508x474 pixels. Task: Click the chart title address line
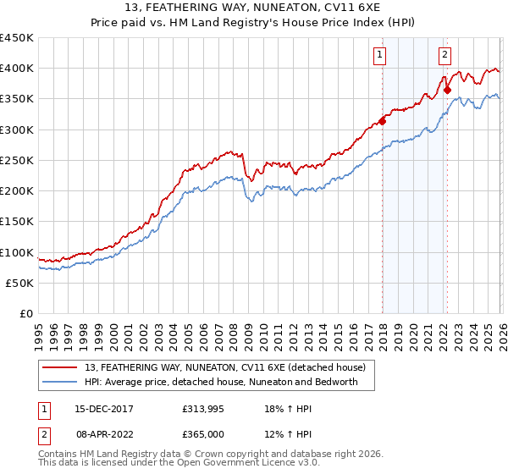click(253, 8)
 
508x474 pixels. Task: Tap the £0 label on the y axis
click(26, 314)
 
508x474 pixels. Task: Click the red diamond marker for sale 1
click(382, 121)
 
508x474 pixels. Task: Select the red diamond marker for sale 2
click(446, 90)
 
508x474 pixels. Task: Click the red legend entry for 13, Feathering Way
click(224, 367)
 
